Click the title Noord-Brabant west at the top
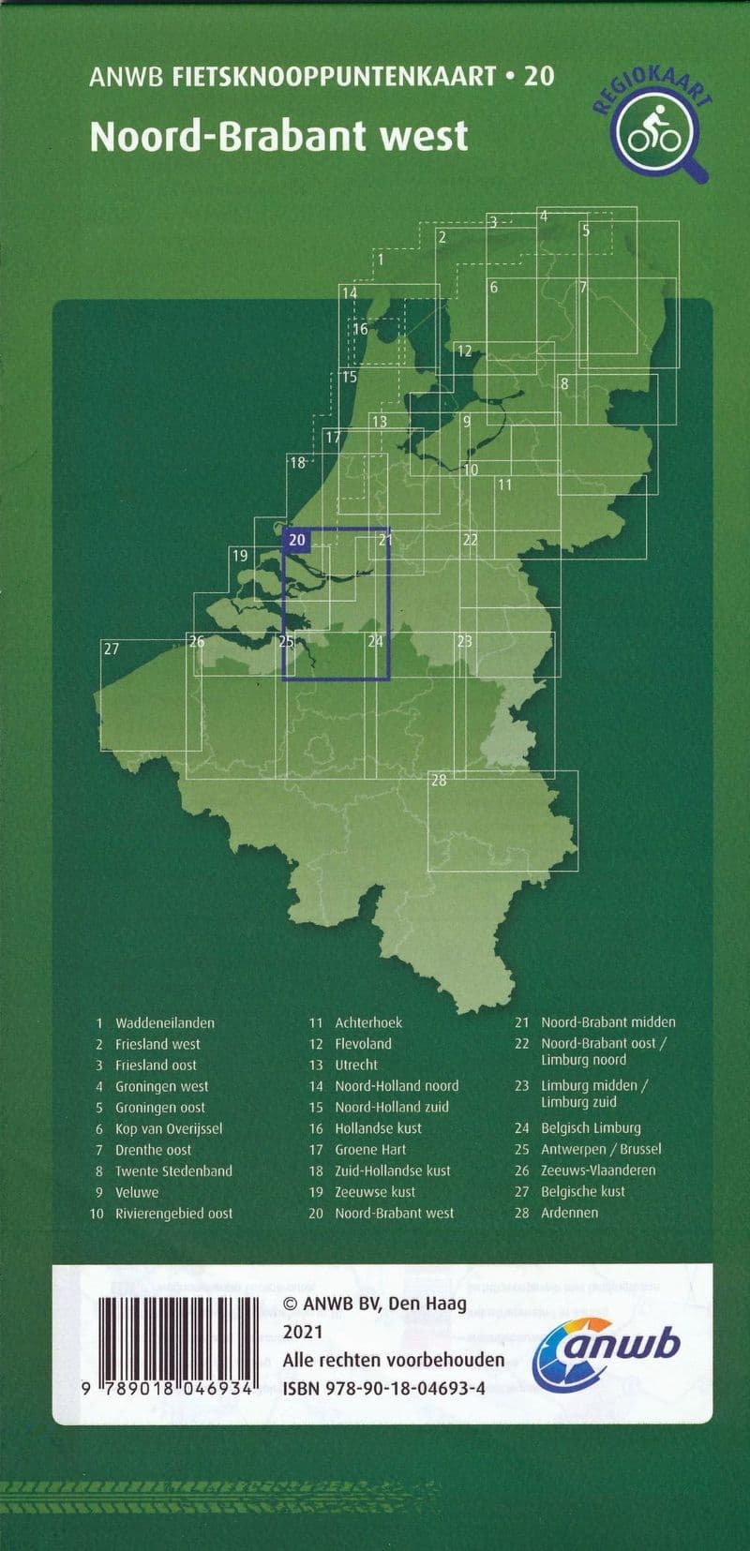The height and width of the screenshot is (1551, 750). [278, 137]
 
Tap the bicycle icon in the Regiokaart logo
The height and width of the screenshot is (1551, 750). [654, 132]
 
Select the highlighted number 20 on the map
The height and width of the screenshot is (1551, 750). [297, 539]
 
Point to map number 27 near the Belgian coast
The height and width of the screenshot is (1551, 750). [112, 649]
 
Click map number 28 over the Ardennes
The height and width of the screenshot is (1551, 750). [438, 780]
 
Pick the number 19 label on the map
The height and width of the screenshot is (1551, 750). [240, 556]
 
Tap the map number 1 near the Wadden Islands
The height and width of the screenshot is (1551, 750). [380, 260]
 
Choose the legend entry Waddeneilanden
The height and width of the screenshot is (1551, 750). [164, 1022]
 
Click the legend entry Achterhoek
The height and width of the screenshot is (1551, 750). [368, 1022]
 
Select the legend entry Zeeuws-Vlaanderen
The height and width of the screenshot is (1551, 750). [598, 1170]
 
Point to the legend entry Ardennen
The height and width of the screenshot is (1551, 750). [569, 1212]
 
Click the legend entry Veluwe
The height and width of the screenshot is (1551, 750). [137, 1192]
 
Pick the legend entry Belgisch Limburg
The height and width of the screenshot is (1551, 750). [591, 1127]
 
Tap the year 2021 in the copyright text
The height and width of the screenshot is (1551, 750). [303, 1332]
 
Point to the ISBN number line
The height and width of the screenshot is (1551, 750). [383, 1388]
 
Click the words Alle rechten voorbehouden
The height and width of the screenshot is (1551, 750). [394, 1360]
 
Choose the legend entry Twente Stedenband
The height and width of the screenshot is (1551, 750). [173, 1171]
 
